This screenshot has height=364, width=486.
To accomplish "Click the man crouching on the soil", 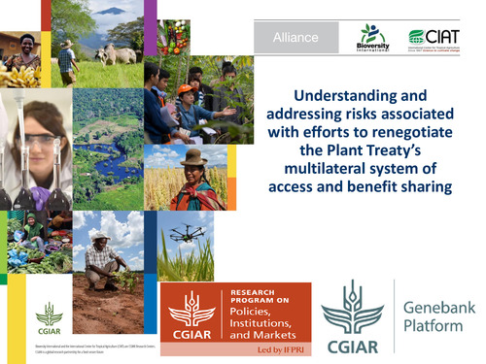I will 103,259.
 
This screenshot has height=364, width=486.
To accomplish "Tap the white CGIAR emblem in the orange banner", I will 192,309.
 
